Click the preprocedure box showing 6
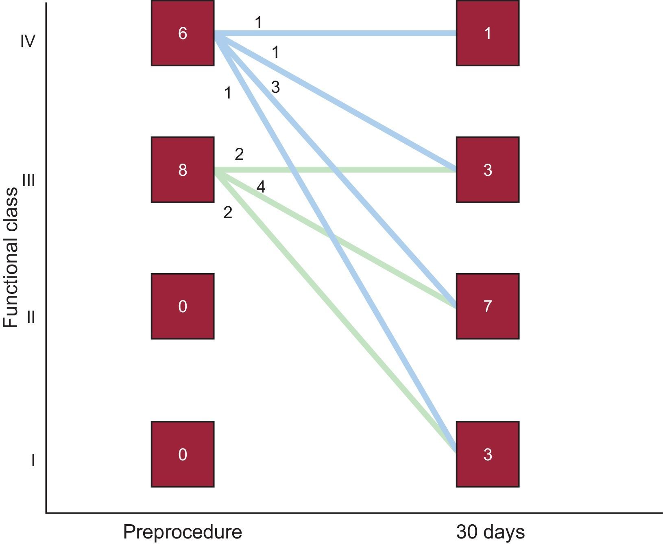pyautogui.click(x=182, y=33)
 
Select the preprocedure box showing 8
pyautogui.click(x=182, y=169)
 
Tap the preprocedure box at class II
pyautogui.click(x=182, y=306)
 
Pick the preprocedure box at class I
pyautogui.click(x=182, y=454)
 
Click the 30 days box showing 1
pyautogui.click(x=487, y=33)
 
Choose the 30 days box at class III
pyautogui.click(x=487, y=169)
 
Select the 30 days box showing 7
pyautogui.click(x=487, y=306)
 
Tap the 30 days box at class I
pyautogui.click(x=487, y=454)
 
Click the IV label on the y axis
pyautogui.click(x=28, y=41)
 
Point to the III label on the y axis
pyautogui.click(x=28, y=179)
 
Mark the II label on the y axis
pyautogui.click(x=31, y=317)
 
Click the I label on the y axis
pyautogui.click(x=33, y=461)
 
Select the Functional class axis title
pyautogui.click(x=11, y=257)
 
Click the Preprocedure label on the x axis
pyautogui.click(x=182, y=532)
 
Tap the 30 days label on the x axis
pyautogui.click(x=490, y=532)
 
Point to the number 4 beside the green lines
pyautogui.click(x=261, y=187)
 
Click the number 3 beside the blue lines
pyautogui.click(x=275, y=87)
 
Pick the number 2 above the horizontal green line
pyautogui.click(x=239, y=154)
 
